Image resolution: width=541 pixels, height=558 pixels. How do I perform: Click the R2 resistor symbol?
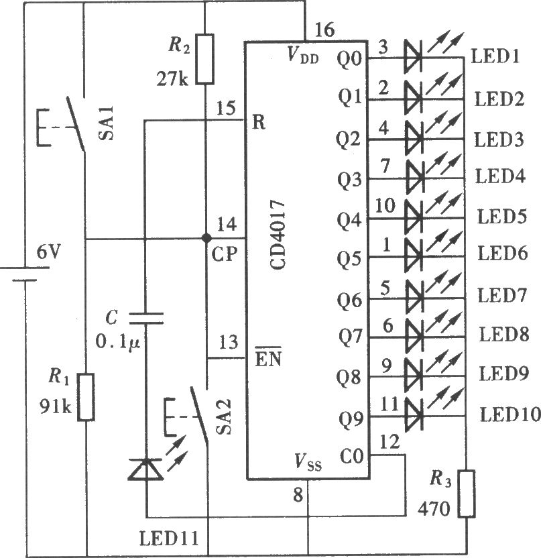[x=205, y=59]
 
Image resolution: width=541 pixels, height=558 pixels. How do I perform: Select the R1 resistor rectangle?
[x=86, y=397]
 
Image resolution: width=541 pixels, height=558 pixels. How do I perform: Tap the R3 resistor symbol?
[x=467, y=494]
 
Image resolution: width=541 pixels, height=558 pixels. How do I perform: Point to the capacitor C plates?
[x=146, y=319]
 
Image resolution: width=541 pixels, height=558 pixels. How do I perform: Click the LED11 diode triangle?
[x=146, y=469]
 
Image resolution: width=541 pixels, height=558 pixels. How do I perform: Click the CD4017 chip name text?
[x=278, y=235]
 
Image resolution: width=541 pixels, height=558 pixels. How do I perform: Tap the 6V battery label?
[x=49, y=252]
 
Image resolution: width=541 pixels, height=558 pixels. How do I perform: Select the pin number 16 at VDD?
[x=324, y=30]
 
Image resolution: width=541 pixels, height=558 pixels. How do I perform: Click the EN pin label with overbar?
[x=268, y=357]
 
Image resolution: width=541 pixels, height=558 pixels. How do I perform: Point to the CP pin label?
[x=224, y=254]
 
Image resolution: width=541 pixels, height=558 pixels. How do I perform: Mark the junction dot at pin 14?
[x=206, y=237]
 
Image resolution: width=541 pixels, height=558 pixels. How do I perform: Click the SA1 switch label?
[x=106, y=123]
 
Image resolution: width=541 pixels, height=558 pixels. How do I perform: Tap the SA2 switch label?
[x=224, y=416]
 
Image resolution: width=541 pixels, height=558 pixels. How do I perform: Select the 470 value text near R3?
[x=434, y=509]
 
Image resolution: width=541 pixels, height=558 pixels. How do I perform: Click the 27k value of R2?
[x=172, y=78]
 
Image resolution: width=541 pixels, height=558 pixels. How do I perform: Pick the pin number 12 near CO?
[x=389, y=442]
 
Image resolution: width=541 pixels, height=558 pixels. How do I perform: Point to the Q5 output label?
[x=349, y=260]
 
